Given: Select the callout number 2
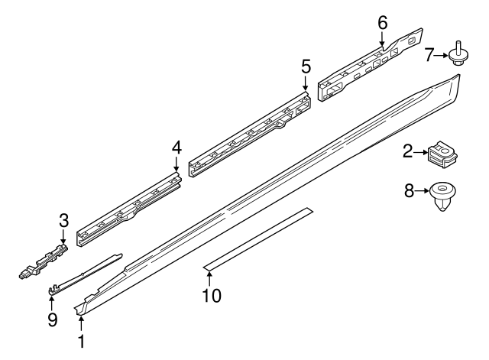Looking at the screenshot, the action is (409, 153).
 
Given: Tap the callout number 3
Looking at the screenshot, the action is (63, 222).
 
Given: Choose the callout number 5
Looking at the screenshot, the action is (306, 66).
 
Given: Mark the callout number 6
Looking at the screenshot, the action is (383, 22).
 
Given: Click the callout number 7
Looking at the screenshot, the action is (429, 55).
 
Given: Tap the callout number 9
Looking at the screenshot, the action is (52, 320).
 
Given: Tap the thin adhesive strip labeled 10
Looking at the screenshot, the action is (260, 236).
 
